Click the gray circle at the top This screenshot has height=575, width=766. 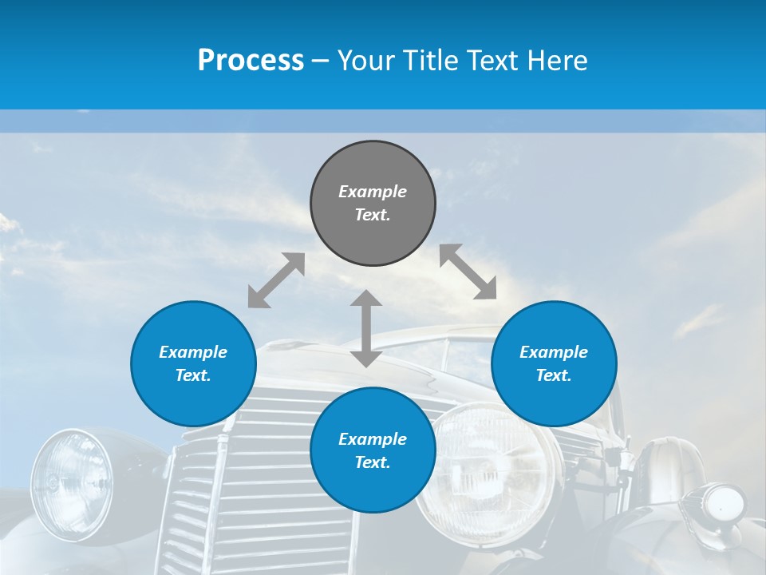coord(373,204)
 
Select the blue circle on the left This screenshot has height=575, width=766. coord(193,363)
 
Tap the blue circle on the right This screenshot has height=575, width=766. coord(554,363)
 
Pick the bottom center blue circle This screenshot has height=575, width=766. coord(373,450)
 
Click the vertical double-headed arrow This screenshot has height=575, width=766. coord(366,328)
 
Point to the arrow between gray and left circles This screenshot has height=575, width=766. coord(276,280)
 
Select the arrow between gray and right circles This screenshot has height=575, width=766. coord(468,272)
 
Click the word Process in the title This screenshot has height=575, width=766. coord(251,60)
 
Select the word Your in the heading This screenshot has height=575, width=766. coord(365,60)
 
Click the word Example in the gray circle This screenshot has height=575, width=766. coord(373,192)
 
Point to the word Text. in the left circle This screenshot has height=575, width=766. coord(193,375)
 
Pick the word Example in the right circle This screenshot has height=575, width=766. coord(554,352)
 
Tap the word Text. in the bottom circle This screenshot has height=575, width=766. coord(373,462)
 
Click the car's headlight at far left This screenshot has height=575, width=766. coord(71,482)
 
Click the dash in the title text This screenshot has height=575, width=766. coord(321,61)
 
